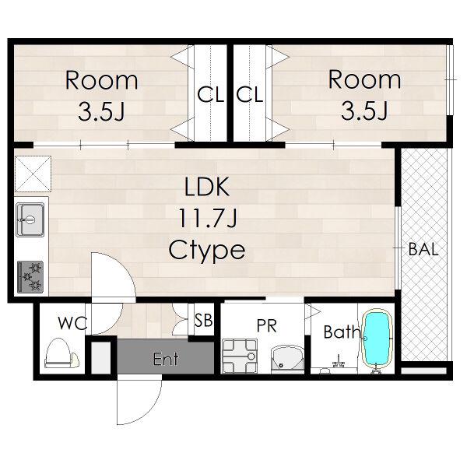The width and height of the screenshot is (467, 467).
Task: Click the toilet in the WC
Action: point(61,353)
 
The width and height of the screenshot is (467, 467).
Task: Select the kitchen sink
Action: point(30,219)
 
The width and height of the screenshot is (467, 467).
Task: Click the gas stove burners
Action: point(30,277)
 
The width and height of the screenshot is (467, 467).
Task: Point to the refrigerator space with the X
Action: point(33,174)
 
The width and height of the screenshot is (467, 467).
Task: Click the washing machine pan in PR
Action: point(240,356)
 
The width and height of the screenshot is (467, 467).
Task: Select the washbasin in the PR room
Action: point(287,359)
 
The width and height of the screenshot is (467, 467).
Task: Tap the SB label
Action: point(203,320)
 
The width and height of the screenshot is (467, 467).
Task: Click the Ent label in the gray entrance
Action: point(166,359)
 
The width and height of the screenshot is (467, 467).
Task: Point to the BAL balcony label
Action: point(423,249)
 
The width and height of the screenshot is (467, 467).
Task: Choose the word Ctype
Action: point(207,250)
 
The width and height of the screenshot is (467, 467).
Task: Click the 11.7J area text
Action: point(208,217)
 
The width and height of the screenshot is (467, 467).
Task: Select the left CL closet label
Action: point(210,94)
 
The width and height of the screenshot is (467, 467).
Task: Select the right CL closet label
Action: point(250,94)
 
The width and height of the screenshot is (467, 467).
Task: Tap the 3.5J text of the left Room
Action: point(101,111)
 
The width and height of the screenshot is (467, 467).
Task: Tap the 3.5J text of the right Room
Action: point(364,111)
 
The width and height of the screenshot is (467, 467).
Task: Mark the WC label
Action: point(73,323)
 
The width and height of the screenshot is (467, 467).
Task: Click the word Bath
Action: point(342,332)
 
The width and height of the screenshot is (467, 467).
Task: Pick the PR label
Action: point(267,325)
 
